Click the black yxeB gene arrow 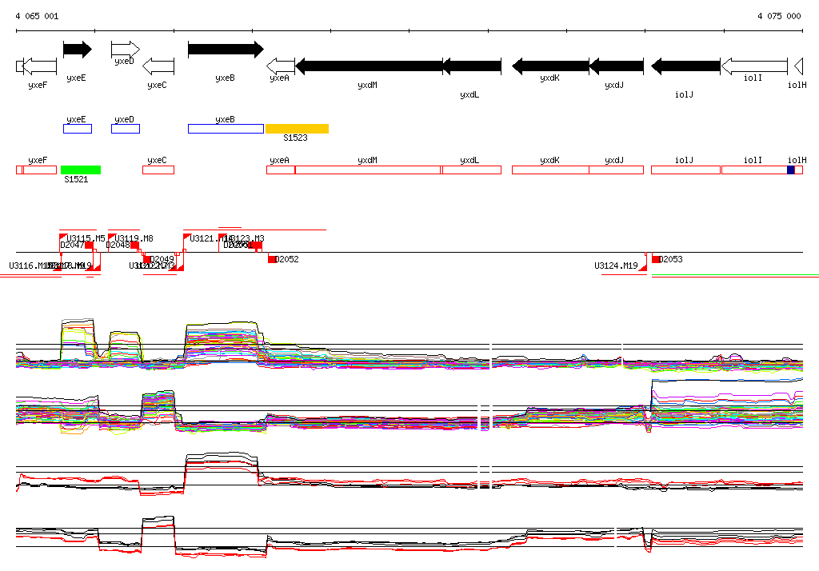225,50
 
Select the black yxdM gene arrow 369,66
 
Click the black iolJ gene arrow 685,66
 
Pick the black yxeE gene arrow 78,50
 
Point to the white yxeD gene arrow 126,50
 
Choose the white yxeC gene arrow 158,66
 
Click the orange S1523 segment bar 297,129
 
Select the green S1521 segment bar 81,170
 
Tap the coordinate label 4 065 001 37,16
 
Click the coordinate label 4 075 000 779,16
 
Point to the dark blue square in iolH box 791,170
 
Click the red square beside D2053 656,259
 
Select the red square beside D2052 272,259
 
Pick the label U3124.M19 616,266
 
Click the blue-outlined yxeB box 226,129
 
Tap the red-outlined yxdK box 550,170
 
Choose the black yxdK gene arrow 550,66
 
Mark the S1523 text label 295,138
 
